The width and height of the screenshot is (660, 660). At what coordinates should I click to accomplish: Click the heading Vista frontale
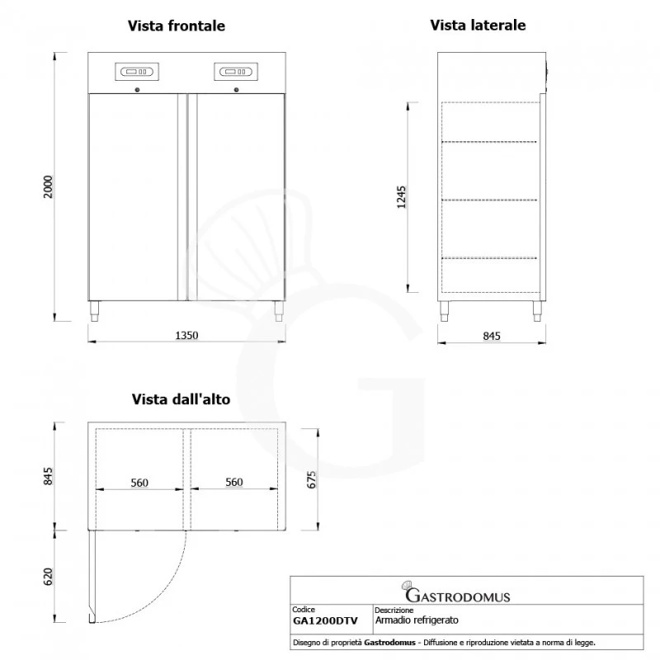(x=176, y=26)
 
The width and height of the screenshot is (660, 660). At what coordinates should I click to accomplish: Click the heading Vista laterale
(x=478, y=26)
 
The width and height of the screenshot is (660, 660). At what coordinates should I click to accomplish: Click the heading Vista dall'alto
(x=180, y=399)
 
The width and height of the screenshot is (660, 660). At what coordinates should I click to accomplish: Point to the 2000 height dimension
(x=47, y=186)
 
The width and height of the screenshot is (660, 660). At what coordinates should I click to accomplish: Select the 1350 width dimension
(x=186, y=335)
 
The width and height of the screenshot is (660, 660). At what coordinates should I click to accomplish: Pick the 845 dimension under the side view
(x=491, y=335)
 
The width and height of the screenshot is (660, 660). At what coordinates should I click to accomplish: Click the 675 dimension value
(x=311, y=479)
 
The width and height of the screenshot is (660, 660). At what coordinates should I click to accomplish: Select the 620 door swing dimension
(x=47, y=577)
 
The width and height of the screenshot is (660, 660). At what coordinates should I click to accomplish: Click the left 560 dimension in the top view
(x=139, y=483)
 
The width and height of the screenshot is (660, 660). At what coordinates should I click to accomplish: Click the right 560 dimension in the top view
(x=234, y=483)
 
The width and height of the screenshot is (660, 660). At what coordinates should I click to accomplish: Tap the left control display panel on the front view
(x=140, y=72)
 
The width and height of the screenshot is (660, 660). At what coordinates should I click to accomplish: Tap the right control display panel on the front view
(x=235, y=72)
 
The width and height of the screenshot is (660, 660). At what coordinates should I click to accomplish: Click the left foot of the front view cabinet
(x=96, y=311)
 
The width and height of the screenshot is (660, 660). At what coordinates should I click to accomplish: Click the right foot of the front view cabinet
(x=277, y=311)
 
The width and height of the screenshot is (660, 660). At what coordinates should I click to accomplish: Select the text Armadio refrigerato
(x=417, y=619)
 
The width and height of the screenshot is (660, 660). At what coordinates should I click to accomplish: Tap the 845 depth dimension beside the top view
(x=47, y=476)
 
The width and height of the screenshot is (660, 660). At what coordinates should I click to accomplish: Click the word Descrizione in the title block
(x=394, y=610)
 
